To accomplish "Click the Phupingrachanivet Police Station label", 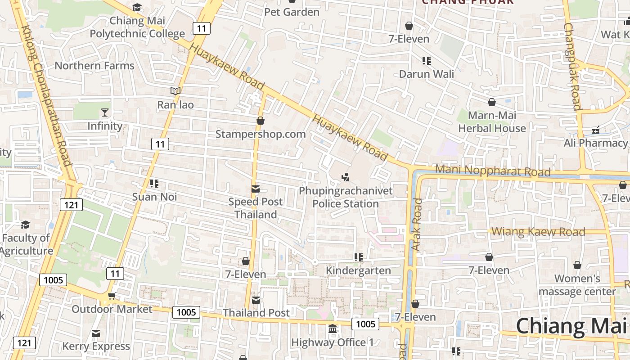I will (x=346, y=197).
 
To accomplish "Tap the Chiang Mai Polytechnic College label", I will (x=137, y=27).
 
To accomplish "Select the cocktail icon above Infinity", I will (x=105, y=112).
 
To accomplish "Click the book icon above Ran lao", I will (x=175, y=91).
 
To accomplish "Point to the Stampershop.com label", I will (x=261, y=134).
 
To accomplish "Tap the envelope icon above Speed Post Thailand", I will (x=256, y=189).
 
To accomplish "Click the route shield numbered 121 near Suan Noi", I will (x=71, y=205).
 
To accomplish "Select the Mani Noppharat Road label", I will (x=493, y=171).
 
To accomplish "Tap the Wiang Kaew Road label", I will (x=538, y=232).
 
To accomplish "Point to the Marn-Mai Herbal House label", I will (x=491, y=122).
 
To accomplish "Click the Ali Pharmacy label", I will (x=595, y=143).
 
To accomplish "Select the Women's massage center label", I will (x=577, y=285).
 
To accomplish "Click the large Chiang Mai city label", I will (x=571, y=326).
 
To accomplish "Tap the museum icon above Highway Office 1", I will (x=333, y=329).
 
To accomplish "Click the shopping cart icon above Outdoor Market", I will (x=112, y=296).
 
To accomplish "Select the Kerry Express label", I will (x=96, y=346).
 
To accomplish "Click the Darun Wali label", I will (x=426, y=74).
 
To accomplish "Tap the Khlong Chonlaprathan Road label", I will (x=46, y=95).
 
